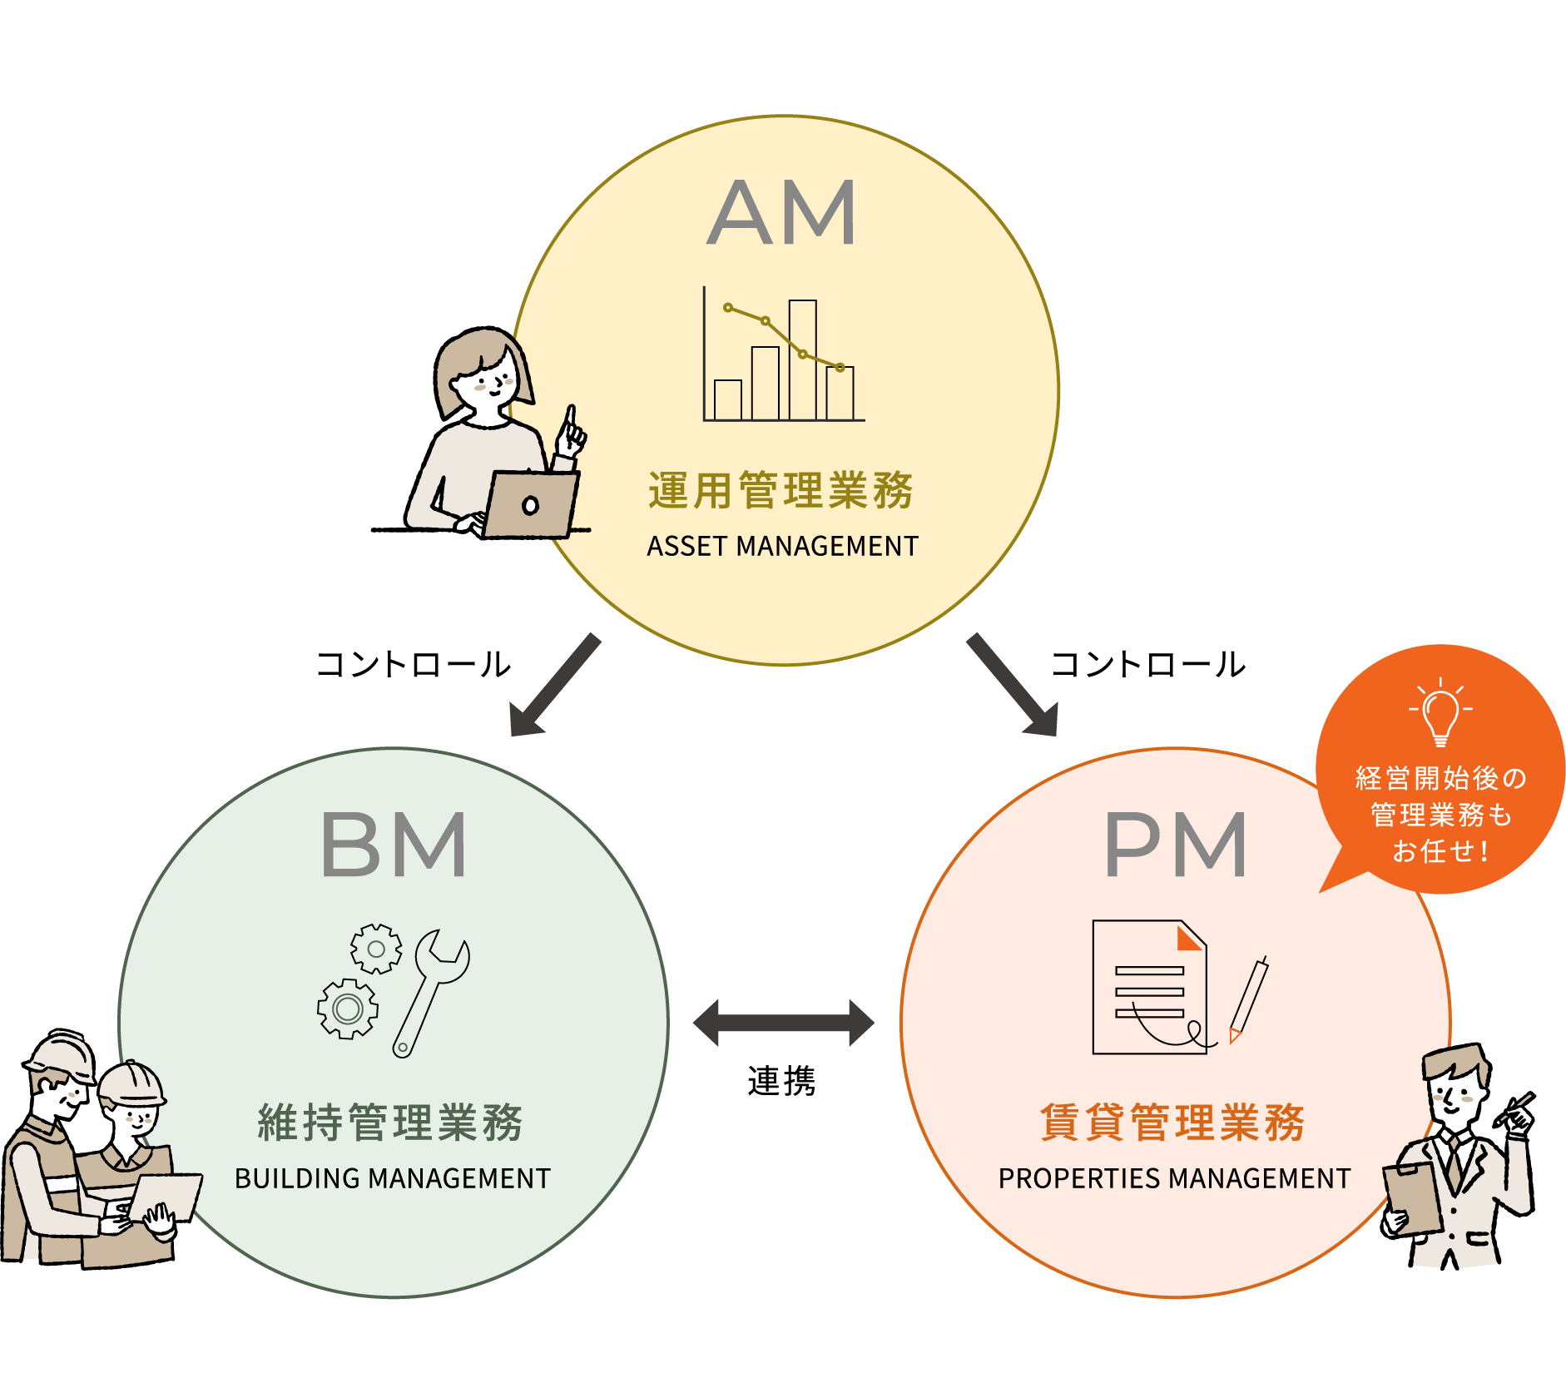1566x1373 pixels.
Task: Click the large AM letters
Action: [x=781, y=213]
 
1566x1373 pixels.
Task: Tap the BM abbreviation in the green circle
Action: [x=393, y=845]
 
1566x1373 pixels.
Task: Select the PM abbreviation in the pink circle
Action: [x=1175, y=845]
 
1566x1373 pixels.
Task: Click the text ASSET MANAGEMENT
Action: [x=782, y=547]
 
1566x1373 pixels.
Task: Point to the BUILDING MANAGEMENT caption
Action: [x=393, y=1179]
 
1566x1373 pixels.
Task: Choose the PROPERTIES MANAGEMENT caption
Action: [x=1174, y=1179]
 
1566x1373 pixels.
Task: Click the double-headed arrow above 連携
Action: [x=783, y=1023]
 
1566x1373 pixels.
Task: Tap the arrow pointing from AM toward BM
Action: [x=553, y=686]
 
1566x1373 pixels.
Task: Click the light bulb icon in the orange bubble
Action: [x=1440, y=712]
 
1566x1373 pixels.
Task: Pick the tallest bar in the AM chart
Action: [x=802, y=359]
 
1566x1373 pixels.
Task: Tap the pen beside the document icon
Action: [x=1248, y=999]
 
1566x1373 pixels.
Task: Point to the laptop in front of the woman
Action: [x=531, y=504]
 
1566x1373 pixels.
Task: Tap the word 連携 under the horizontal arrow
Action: [x=782, y=1082]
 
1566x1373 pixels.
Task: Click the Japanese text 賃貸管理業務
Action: [x=1173, y=1123]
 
